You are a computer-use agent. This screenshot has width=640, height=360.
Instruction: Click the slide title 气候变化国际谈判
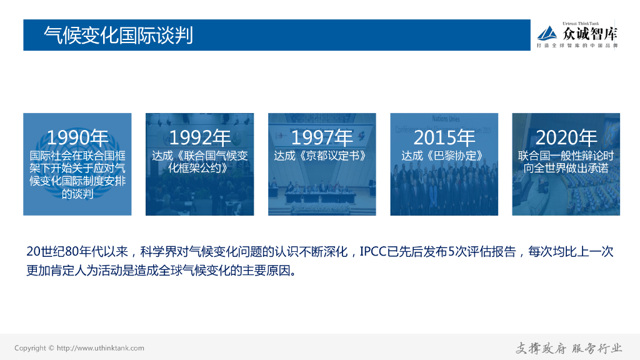coord(118,35)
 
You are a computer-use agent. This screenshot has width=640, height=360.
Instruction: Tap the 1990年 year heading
coord(77,137)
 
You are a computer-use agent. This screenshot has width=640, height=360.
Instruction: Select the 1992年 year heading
coord(200,137)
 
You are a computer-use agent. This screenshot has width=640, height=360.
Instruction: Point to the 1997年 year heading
coord(322,137)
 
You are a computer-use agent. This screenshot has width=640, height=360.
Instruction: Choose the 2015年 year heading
coord(444,137)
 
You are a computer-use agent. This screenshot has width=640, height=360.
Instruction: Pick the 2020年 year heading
coord(566,137)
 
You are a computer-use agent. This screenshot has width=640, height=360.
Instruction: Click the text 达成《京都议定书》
coord(322,156)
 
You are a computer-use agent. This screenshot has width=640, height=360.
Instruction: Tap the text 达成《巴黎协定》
coord(444,156)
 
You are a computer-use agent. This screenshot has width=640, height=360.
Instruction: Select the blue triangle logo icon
coord(548,33)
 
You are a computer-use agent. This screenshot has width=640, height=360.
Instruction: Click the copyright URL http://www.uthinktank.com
coord(100,348)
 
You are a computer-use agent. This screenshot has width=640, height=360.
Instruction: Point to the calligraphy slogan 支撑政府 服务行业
coord(569,348)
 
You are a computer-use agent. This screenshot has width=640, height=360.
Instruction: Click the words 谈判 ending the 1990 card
coord(77,194)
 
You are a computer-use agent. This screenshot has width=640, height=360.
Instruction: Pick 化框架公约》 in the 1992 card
coord(200,168)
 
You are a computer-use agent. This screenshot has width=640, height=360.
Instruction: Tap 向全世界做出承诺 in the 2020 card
coord(566,168)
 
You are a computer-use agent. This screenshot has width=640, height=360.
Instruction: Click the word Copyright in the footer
coord(30,348)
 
